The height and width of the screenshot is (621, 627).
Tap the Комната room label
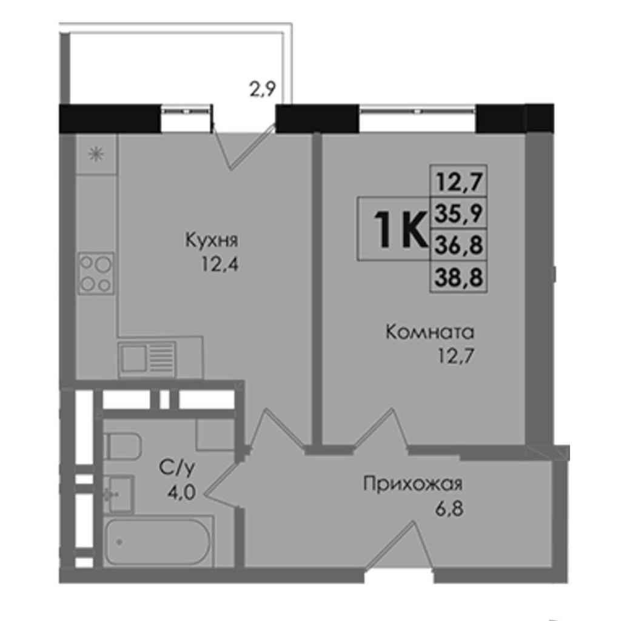pyautogui.click(x=430, y=332)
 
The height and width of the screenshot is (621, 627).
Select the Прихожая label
pyautogui.click(x=413, y=484)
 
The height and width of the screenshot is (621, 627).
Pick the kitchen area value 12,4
pyautogui.click(x=220, y=264)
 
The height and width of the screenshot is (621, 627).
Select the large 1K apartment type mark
pyautogui.click(x=399, y=229)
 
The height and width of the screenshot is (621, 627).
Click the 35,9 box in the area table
pyautogui.click(x=458, y=213)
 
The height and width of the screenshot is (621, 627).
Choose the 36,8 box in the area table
pyautogui.click(x=458, y=245)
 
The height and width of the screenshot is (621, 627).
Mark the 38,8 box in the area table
pyautogui.click(x=458, y=277)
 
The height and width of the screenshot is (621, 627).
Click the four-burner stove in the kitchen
pyautogui.click(x=96, y=274)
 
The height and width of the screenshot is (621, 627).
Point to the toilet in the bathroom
pyautogui.click(x=122, y=446)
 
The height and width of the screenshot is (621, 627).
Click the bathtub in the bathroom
pyautogui.click(x=159, y=542)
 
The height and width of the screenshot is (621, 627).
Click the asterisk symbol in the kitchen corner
pyautogui.click(x=96, y=154)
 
